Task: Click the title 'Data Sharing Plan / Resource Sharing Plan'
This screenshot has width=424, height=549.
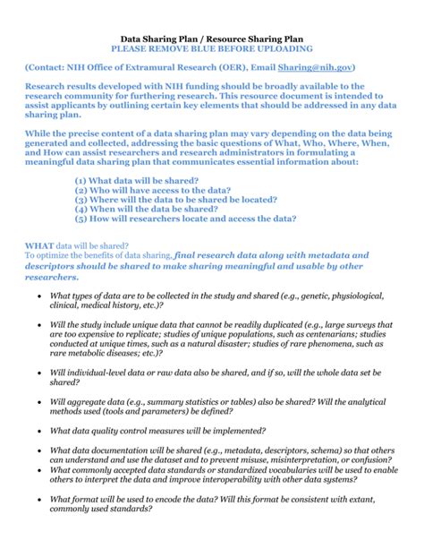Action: [x=212, y=39]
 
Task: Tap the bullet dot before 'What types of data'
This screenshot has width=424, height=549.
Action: [x=37, y=296]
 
